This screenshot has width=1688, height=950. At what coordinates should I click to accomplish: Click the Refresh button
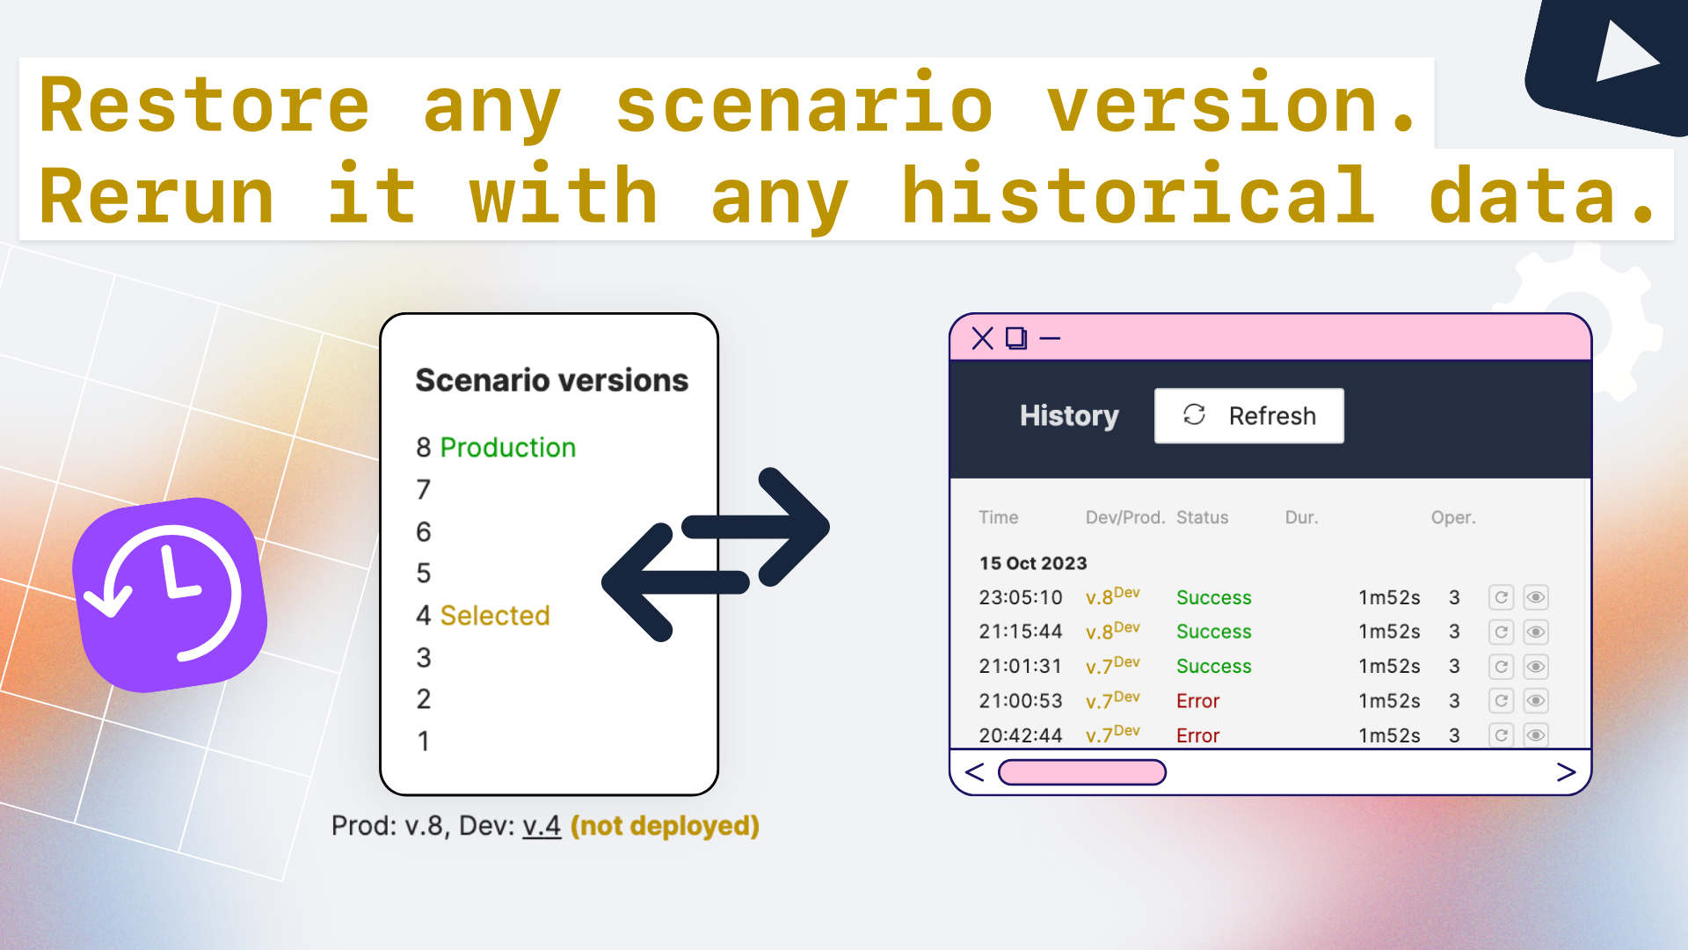1248,415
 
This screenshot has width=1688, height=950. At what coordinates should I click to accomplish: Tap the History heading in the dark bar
1069,415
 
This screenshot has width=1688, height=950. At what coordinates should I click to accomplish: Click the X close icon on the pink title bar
982,338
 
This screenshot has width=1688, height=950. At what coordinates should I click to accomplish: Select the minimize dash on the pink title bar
1050,338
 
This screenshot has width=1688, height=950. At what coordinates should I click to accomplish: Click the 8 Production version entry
496,447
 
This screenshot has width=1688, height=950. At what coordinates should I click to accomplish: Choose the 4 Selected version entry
483,615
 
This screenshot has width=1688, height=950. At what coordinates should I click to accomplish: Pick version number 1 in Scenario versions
424,741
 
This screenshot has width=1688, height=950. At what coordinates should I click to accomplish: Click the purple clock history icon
171,595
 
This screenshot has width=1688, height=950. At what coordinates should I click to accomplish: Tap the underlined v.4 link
542,826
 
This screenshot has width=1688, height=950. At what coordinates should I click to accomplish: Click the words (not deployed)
665,826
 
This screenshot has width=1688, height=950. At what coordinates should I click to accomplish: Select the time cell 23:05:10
1021,597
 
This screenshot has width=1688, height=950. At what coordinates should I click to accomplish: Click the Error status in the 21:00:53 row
1197,701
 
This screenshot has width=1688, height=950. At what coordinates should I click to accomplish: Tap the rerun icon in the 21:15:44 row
1501,632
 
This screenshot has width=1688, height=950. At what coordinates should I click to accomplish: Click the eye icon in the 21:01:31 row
1536,666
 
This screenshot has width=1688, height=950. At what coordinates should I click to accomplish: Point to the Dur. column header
1301,517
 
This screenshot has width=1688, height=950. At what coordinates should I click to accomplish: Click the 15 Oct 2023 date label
1033,563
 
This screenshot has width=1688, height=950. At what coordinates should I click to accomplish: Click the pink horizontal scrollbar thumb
1082,772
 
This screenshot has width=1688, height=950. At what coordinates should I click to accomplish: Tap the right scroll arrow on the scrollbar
1566,772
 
